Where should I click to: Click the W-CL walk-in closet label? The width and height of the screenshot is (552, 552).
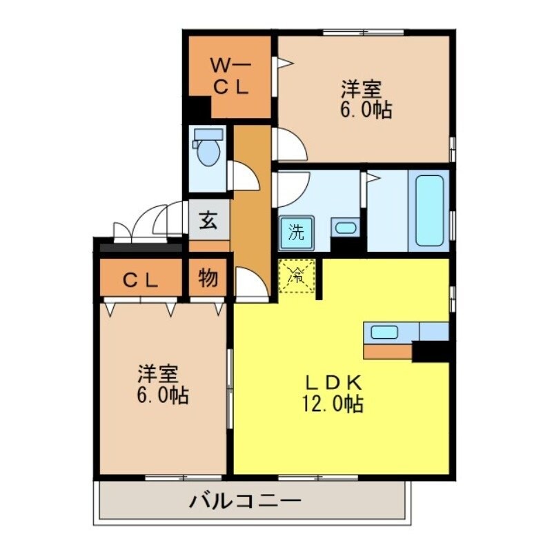coord(230,77)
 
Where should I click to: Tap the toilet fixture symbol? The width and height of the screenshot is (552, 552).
coord(206,148)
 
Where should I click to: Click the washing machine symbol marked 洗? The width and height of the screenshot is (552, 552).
coord(296,233)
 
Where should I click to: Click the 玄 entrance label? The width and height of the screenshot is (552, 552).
coord(208,222)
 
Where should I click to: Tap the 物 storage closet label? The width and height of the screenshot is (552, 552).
coord(208,279)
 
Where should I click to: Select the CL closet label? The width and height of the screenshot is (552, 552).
coord(140,280)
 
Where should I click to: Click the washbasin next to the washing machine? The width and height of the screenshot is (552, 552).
coord(344,228)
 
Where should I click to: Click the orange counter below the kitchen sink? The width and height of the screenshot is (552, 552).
coord(387,351)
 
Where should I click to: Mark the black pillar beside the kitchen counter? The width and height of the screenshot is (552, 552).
coord(431,351)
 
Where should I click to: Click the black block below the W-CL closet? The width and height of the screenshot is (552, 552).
coord(199,109)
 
